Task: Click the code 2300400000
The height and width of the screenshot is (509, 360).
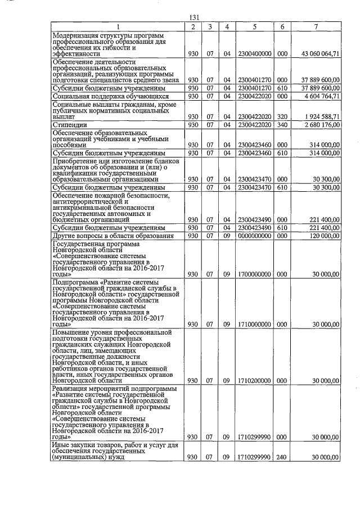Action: tap(255, 53)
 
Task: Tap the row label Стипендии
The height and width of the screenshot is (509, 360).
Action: tap(67, 124)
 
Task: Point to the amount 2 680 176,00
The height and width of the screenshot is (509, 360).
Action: tap(320, 124)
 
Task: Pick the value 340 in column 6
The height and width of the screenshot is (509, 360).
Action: tap(283, 124)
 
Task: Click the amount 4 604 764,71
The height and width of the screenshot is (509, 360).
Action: tap(320, 96)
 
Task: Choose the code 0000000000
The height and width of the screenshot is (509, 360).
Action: tap(255, 236)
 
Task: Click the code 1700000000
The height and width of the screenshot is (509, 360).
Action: tap(255, 274)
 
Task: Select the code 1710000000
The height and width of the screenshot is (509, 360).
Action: tap(255, 325)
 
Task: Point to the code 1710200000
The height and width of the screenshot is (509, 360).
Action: tap(255, 381)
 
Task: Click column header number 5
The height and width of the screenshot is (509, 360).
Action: tap(255, 26)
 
